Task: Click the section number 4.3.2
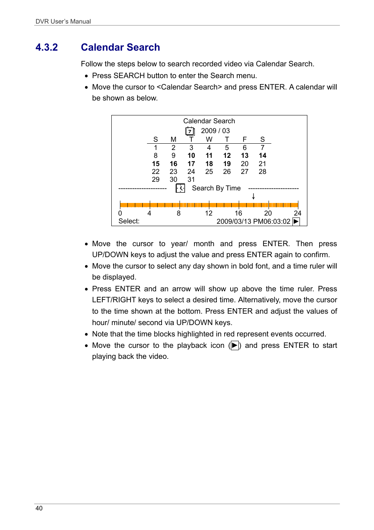[47, 48]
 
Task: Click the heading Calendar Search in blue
[120, 48]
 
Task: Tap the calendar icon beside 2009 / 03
[190, 131]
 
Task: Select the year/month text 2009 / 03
[215, 131]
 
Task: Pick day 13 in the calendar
[245, 155]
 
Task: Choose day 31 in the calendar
[191, 179]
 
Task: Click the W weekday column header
[209, 139]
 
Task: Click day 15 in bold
[156, 164]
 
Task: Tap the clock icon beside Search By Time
[180, 188]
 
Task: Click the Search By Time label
[216, 188]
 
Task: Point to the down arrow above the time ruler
[254, 196]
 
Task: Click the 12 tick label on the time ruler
[209, 213]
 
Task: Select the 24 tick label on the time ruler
[298, 213]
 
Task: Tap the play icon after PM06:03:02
[296, 221]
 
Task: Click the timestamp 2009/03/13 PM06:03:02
[253, 221]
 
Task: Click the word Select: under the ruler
[129, 221]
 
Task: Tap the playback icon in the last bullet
[234, 345]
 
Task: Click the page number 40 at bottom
[39, 508]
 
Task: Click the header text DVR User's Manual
[63, 21]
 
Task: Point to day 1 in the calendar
[156, 148]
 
